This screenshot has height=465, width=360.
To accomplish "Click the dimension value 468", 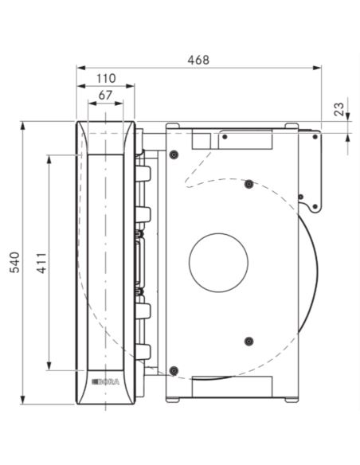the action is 198,61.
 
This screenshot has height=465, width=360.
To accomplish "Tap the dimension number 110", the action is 106,79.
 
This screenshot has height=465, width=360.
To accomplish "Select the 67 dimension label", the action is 105,96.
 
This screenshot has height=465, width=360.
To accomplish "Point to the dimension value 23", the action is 339,109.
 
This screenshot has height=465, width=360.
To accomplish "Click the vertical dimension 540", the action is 14,263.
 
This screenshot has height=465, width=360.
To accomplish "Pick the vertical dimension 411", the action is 41,263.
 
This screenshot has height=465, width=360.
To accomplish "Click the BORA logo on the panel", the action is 106,382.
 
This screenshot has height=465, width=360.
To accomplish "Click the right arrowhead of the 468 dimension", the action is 317,68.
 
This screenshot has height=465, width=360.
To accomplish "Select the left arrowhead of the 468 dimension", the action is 81,68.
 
